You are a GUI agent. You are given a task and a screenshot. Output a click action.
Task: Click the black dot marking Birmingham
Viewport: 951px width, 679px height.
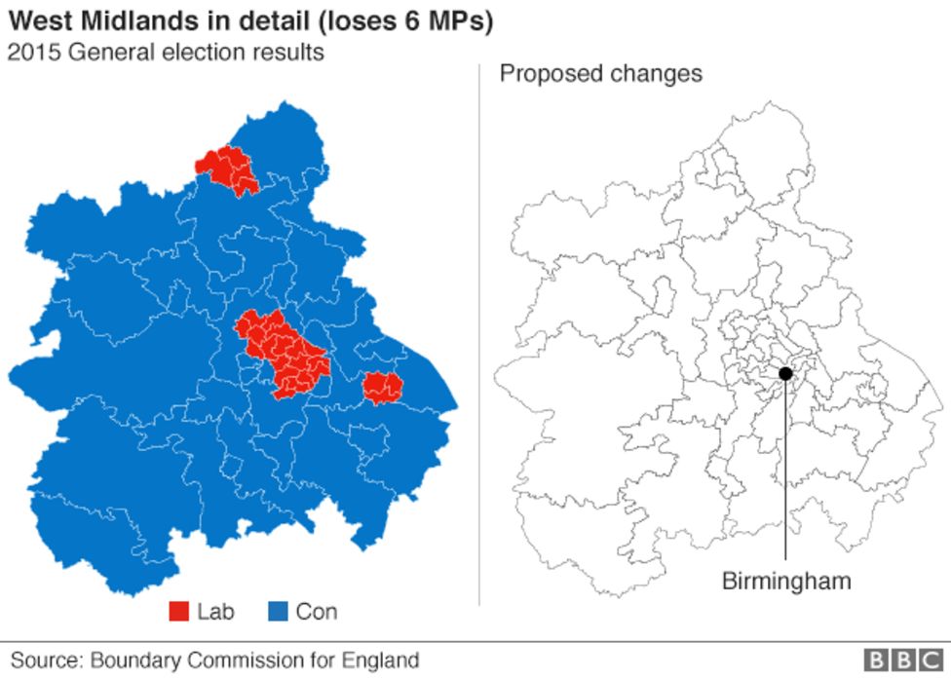click(785, 373)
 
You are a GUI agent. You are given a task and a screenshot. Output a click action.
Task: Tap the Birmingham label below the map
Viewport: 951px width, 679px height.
click(785, 582)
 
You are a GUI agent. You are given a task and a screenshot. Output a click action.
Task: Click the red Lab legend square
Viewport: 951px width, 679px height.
click(179, 612)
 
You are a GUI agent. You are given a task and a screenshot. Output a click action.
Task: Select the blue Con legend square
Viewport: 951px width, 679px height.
click(278, 612)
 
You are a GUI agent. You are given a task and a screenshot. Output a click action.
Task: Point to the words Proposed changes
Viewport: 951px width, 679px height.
click(600, 74)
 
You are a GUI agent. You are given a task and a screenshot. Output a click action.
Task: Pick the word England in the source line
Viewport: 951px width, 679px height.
click(381, 660)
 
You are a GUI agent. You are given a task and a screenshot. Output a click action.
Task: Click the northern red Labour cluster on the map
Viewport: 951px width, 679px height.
click(228, 170)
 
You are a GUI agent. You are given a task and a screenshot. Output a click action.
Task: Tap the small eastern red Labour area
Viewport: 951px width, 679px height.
click(382, 388)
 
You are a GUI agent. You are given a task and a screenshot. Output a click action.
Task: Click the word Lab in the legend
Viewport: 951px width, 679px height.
click(216, 612)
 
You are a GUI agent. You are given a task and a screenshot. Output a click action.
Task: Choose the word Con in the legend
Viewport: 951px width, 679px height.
click(317, 612)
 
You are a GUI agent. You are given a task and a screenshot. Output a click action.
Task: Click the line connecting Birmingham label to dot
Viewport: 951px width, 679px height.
click(785, 468)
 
